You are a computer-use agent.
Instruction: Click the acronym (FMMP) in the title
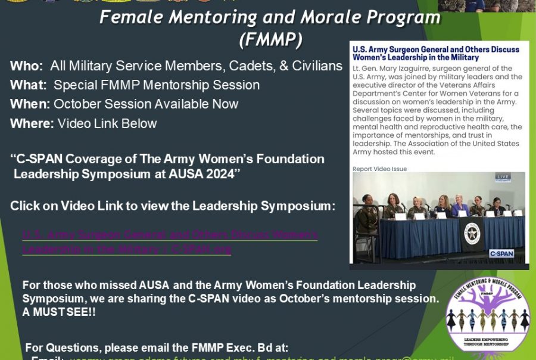coord(270,40)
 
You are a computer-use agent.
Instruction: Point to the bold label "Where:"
coord(32,124)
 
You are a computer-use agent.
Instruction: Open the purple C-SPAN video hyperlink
coord(170,242)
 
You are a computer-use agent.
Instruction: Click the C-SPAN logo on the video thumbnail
coord(501,253)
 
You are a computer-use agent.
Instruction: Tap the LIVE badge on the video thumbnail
coord(503,176)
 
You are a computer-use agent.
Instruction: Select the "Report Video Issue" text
coord(380,169)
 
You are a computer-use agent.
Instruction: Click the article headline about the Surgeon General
coord(435,53)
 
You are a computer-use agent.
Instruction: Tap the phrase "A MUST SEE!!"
coord(59,312)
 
